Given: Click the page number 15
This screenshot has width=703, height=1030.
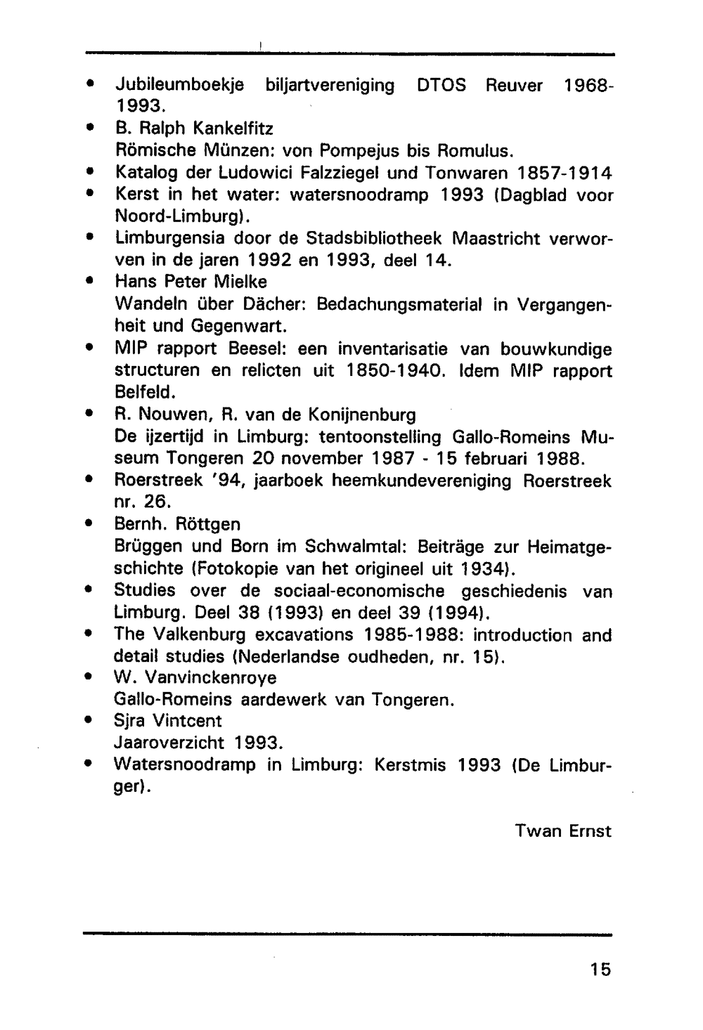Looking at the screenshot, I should point(600,970).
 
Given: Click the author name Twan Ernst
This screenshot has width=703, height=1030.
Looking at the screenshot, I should point(563,831).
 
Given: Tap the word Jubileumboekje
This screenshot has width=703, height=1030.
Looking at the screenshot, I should point(179,86).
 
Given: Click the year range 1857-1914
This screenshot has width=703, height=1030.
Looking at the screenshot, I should point(565,173).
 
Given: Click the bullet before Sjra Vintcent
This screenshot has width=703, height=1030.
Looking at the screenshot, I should point(89,721).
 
